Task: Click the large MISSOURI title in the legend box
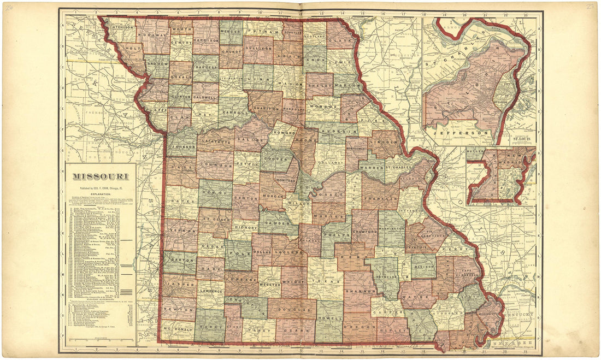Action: [x=101, y=176]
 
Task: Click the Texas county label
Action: [x=326, y=281]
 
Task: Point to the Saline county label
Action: [x=249, y=140]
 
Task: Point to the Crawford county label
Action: [x=366, y=232]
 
